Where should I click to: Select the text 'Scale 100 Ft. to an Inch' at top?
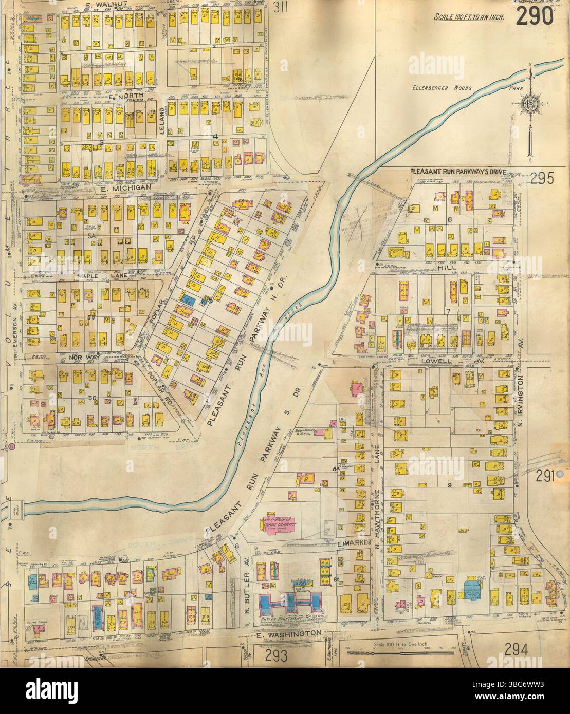(x=468, y=17)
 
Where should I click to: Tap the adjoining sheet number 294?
(x=516, y=650)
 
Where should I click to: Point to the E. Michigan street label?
(x=126, y=189)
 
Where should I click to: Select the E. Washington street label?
(x=288, y=633)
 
